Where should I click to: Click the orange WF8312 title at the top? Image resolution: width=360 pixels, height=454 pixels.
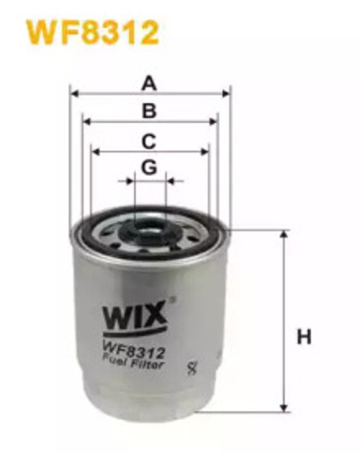(x=92, y=34)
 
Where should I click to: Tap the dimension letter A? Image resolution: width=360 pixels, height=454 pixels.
(x=148, y=83)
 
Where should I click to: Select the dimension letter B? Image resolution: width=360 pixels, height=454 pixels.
(x=148, y=111)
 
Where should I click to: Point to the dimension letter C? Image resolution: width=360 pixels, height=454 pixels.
(x=148, y=141)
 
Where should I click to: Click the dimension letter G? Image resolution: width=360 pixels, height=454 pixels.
(x=148, y=167)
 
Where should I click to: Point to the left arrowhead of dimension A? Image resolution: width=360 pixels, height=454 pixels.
(x=75, y=94)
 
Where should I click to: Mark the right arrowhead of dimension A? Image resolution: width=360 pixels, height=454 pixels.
(x=227, y=94)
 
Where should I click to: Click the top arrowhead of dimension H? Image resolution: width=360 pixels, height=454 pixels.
(x=284, y=233)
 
